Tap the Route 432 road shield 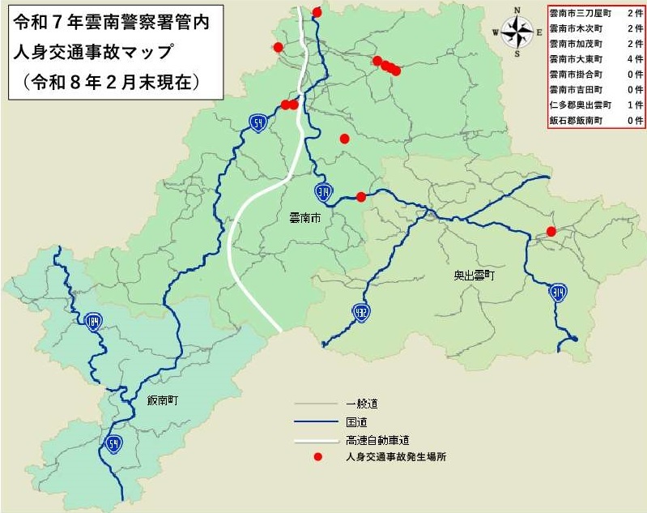tap(360, 310)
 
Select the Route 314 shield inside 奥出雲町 tap(557, 293)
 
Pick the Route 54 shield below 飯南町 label tap(113, 442)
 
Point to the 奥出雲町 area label tap(474, 276)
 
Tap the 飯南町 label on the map tap(163, 400)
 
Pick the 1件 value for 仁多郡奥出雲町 tap(634, 105)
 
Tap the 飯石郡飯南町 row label tap(575, 119)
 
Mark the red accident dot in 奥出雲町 tap(551, 232)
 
